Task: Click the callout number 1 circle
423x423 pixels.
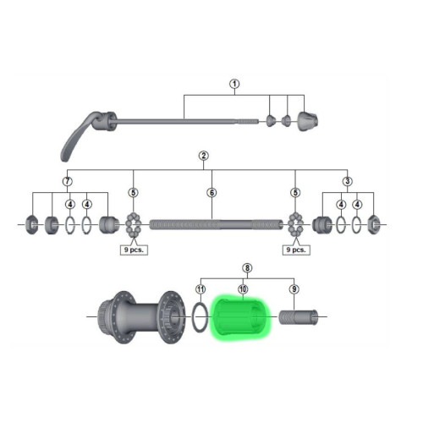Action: coord(235,84)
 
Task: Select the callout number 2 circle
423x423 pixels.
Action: coord(203,156)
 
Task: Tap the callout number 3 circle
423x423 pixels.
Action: coord(348,180)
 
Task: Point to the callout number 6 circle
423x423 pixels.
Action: coord(211,192)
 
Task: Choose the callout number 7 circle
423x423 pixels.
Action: coord(67,180)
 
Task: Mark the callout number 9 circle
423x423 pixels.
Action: coord(294,288)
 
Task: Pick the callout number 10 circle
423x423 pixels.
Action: coord(243,288)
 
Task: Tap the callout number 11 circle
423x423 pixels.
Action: coord(201,288)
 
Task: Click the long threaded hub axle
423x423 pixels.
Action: coord(215,225)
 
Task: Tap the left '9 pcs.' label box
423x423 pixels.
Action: coord(133,250)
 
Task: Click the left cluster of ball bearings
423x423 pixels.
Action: coord(132,225)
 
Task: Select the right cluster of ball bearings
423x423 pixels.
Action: coord(295,225)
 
